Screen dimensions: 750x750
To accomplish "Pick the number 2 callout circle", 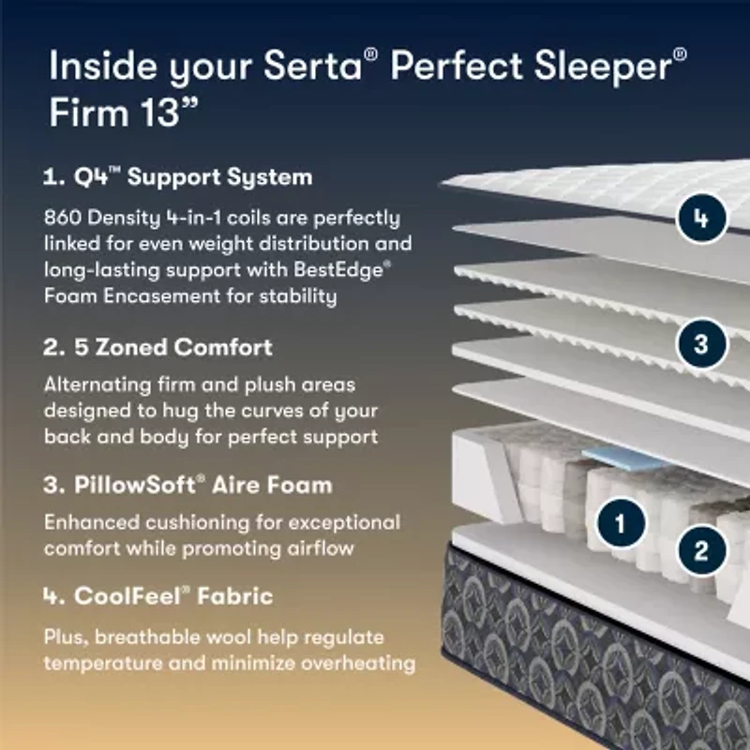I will [x=701, y=549].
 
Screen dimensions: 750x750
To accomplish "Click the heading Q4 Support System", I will [x=178, y=176].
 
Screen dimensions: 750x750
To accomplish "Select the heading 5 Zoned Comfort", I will [x=158, y=347].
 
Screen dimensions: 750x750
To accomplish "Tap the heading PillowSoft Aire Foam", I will [x=187, y=486].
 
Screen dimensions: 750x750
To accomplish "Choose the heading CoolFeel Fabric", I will [x=158, y=595].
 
